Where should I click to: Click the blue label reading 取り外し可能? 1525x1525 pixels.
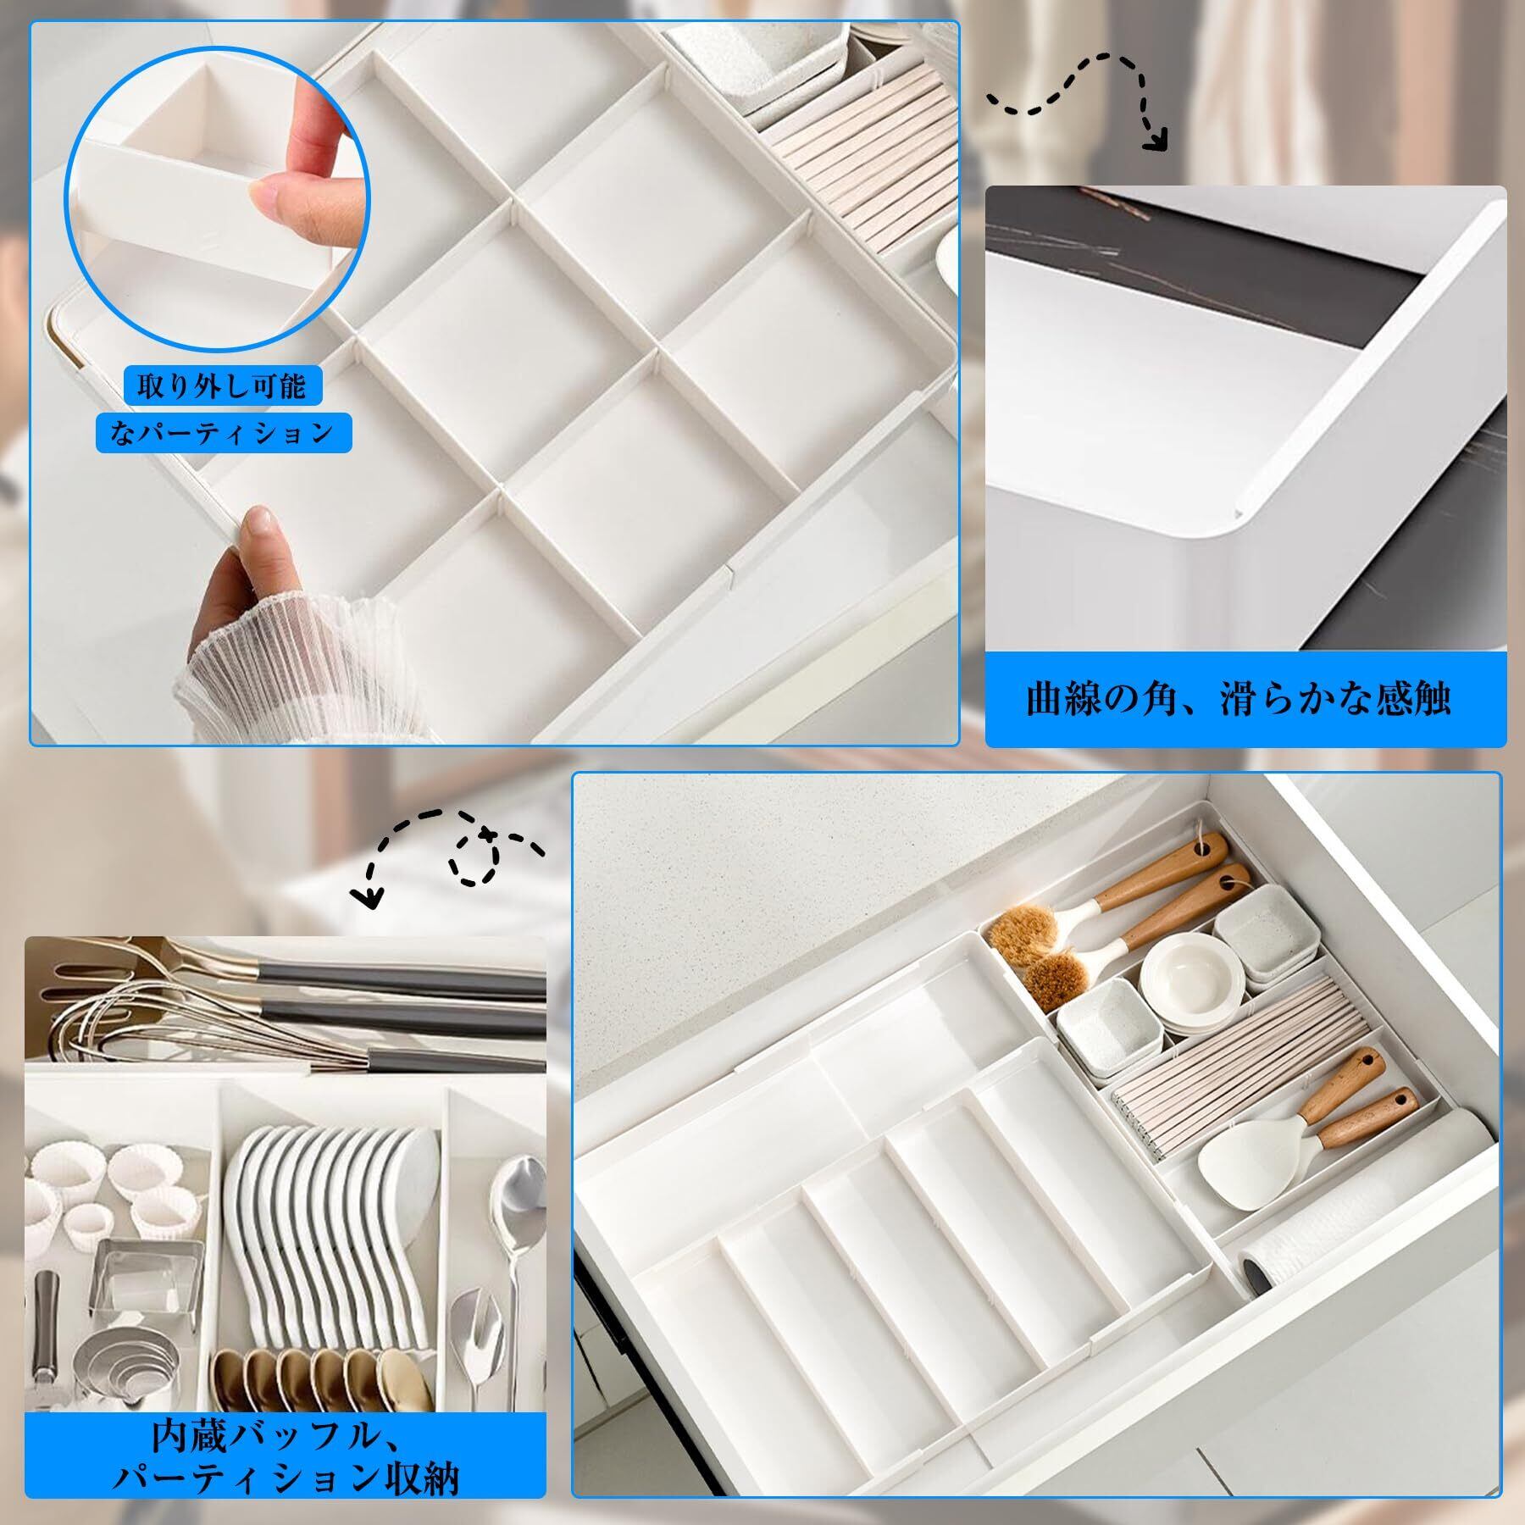point(222,388)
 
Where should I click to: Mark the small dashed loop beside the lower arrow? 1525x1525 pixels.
point(475,857)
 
